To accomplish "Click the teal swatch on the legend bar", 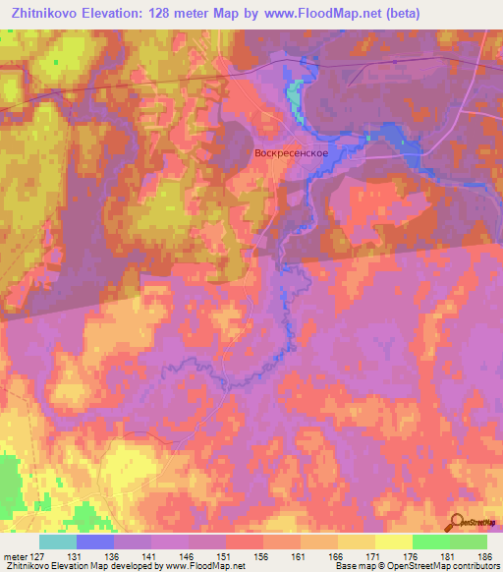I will point(58,542).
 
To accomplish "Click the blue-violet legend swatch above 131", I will point(95,542).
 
